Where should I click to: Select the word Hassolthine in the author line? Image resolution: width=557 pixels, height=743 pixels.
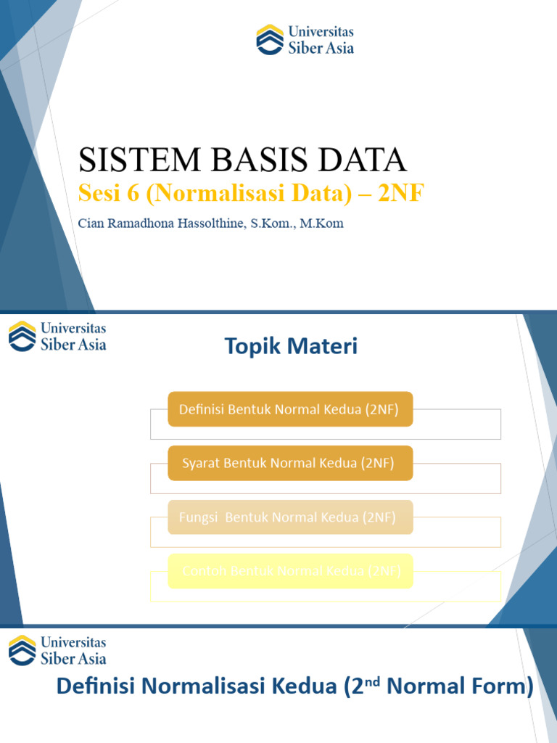click(207, 223)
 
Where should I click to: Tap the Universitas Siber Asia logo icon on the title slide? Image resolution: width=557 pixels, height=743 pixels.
click(270, 39)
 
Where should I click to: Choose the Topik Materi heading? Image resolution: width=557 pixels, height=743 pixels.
click(291, 347)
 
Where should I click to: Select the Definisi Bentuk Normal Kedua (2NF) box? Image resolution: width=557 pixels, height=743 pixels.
click(290, 409)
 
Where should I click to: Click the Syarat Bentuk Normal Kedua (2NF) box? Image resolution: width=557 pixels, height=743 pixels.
click(290, 463)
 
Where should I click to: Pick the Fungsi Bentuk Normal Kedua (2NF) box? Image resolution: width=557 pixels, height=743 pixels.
click(290, 517)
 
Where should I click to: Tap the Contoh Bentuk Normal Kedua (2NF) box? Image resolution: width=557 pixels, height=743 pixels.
click(290, 571)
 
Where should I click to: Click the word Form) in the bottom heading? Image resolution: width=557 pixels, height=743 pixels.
click(504, 686)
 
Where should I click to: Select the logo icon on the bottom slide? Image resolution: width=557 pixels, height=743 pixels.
click(22, 650)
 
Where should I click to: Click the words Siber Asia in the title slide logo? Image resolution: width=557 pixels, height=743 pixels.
click(321, 48)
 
